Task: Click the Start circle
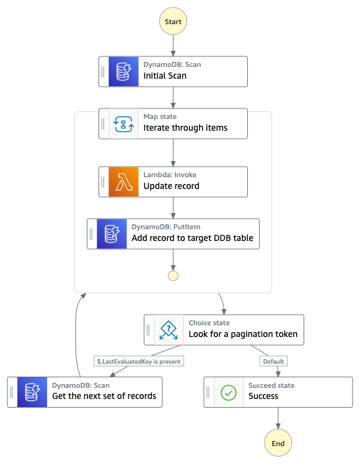[x=173, y=21]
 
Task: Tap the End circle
[x=278, y=443]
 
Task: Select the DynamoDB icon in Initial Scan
[x=123, y=72]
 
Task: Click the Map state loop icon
[x=123, y=124]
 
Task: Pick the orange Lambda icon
[x=123, y=182]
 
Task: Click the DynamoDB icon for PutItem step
[x=112, y=234]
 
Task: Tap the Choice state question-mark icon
[x=169, y=330]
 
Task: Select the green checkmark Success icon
[x=229, y=392]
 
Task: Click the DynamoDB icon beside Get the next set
[x=32, y=392]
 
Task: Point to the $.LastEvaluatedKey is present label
[x=139, y=361]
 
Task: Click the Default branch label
[x=273, y=361]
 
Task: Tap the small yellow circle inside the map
[x=173, y=276]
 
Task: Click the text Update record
[x=172, y=186]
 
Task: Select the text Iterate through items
[x=185, y=128]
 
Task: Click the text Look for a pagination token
[x=243, y=334]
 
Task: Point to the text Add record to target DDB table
[x=193, y=238]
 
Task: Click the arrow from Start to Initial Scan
[x=173, y=46]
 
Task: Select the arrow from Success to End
[x=278, y=418]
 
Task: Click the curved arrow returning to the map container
[x=76, y=335]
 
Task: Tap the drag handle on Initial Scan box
[x=103, y=72]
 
